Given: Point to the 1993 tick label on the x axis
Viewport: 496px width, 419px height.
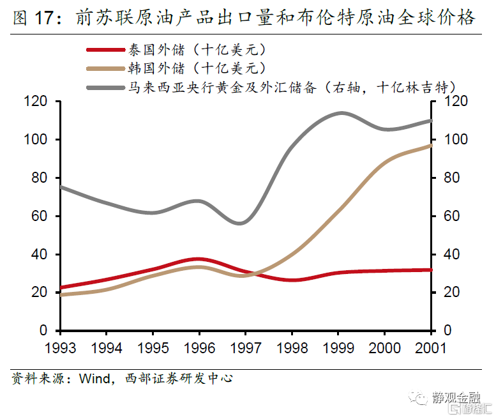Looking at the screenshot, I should (59, 347).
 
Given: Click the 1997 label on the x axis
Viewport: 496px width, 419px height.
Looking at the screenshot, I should (245, 347).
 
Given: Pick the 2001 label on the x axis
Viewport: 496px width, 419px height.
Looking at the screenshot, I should (430, 347).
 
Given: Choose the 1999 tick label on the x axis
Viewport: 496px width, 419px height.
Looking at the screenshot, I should (338, 347).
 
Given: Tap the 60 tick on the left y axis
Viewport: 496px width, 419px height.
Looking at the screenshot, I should (39, 216).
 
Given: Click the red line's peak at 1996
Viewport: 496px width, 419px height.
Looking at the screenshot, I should (199, 259).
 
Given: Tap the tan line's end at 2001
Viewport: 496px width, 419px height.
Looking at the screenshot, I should (431, 146).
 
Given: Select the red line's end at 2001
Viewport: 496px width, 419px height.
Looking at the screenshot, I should (431, 270).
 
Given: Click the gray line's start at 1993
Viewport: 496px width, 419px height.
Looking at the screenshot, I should (60, 187).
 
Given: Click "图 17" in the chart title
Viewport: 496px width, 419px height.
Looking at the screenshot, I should (31, 18).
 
